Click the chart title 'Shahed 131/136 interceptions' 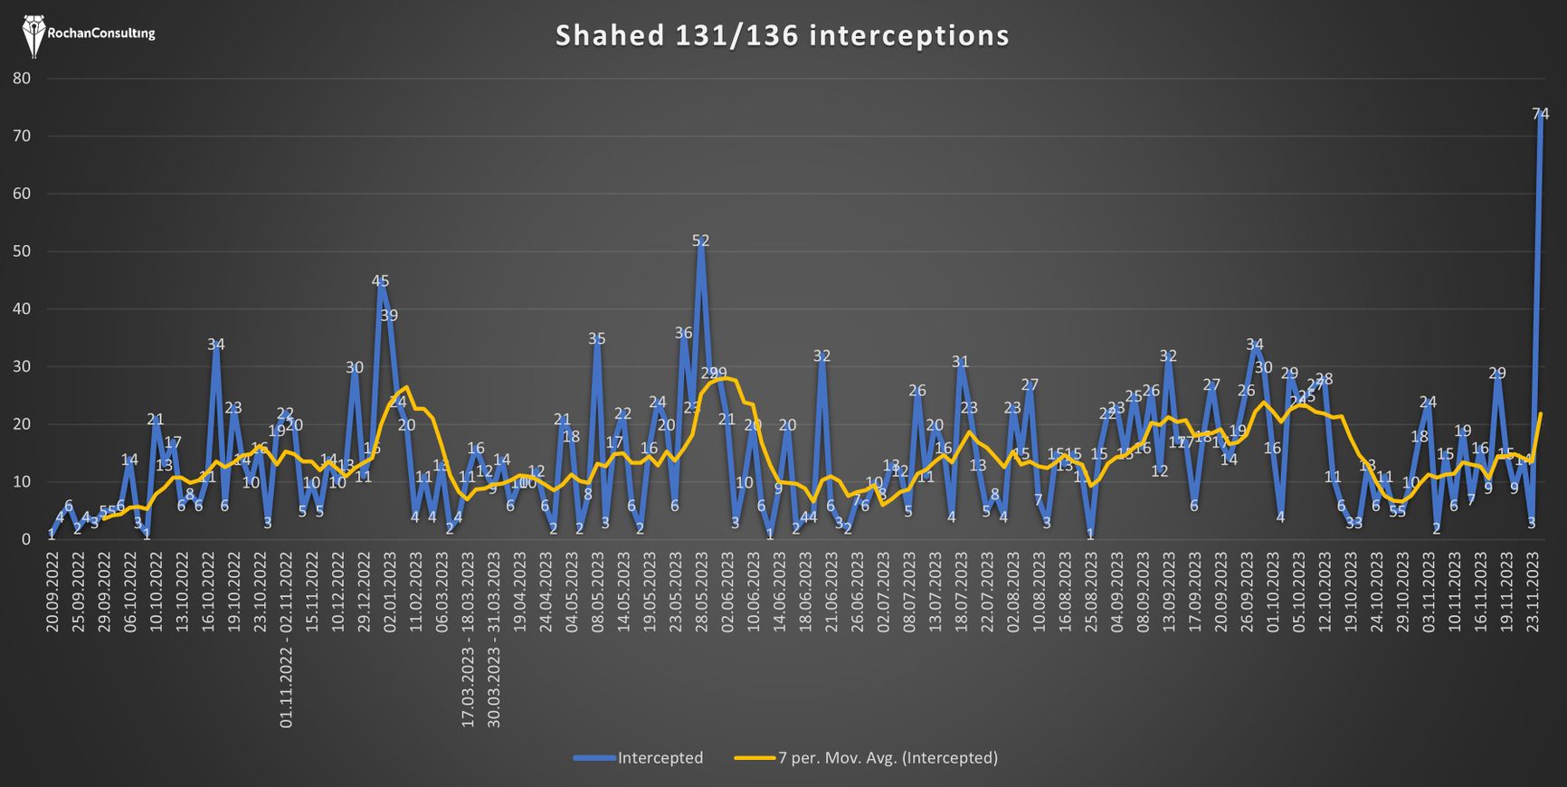[x=782, y=35]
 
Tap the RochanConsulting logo [x=88, y=34]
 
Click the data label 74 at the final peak [x=1540, y=114]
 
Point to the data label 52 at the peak [x=700, y=241]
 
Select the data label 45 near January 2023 [x=380, y=281]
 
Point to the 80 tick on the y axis [x=22, y=79]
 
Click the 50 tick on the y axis [x=22, y=251]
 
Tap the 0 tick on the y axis [x=26, y=539]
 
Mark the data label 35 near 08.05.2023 [x=597, y=339]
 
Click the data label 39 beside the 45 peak [x=389, y=316]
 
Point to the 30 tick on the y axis [x=22, y=366]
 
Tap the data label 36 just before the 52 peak [x=683, y=334]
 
